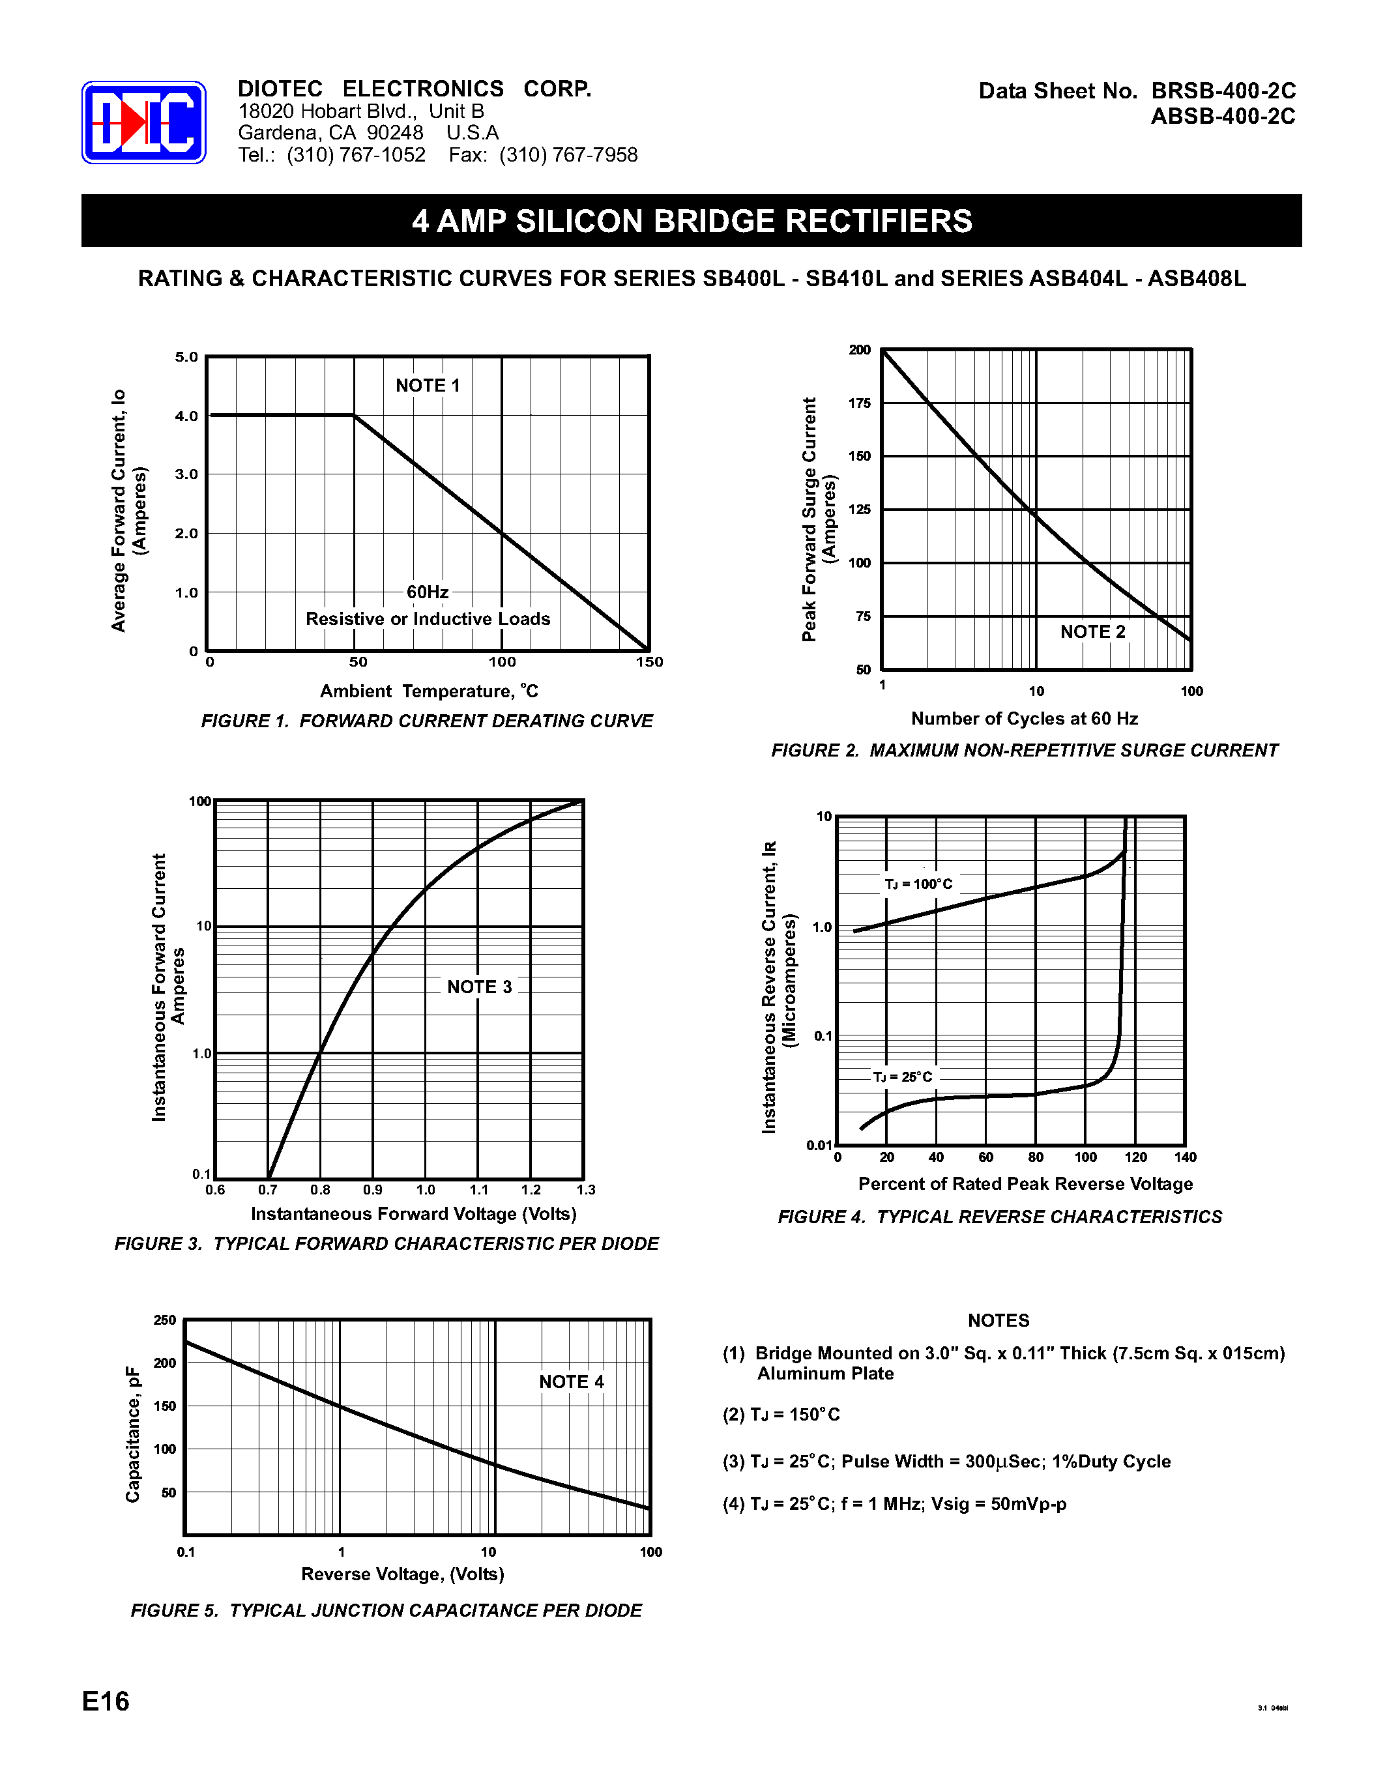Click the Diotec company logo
coord(143,123)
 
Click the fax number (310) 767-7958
coord(568,155)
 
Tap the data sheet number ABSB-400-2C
coord(1223,117)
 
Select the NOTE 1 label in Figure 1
coord(428,386)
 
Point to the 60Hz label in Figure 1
coord(428,592)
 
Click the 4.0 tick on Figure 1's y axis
coord(186,416)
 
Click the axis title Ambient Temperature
coord(428,691)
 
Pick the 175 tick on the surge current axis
coord(859,403)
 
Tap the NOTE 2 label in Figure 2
coord(1092,632)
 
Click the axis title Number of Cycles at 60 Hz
coord(1024,719)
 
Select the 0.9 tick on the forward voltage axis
coord(373,1190)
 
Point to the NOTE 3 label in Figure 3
coord(479,987)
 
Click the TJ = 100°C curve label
coord(918,884)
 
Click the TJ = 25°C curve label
coord(902,1077)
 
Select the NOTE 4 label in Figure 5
coord(571,1381)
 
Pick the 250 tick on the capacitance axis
coord(165,1320)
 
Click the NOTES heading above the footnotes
coord(998,1320)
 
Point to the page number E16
coord(106,1701)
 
